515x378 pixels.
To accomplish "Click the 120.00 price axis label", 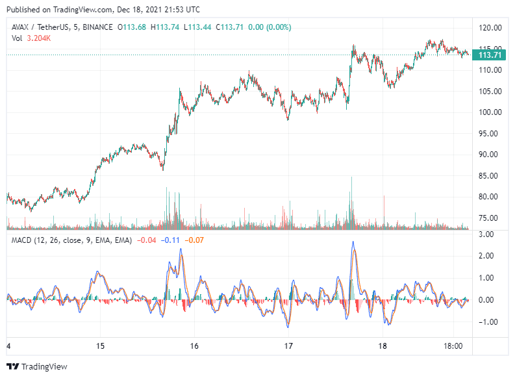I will (x=490, y=28).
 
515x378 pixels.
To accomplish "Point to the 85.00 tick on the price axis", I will (x=490, y=175).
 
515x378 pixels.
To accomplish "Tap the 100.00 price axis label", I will (x=490, y=112).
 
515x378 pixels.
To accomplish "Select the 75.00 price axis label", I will (x=490, y=218).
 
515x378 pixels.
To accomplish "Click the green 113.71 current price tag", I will (x=490, y=55).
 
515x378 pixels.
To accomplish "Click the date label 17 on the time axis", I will (x=290, y=346).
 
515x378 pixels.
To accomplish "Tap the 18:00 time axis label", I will (x=453, y=346).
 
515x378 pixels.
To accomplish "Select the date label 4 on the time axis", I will (x=8, y=346).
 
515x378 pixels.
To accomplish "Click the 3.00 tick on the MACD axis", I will (x=486, y=234).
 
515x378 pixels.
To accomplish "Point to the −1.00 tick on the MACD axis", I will (x=487, y=322).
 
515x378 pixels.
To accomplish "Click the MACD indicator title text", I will (x=71, y=240).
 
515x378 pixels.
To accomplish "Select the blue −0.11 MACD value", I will (x=171, y=240).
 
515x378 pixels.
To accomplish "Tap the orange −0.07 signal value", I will (x=194, y=240).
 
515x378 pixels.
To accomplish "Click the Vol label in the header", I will (x=18, y=38).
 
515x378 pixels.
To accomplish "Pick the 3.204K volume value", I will (x=39, y=38).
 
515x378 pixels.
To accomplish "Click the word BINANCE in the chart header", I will (x=97, y=27).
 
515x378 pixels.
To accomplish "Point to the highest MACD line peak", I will (x=353, y=242).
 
